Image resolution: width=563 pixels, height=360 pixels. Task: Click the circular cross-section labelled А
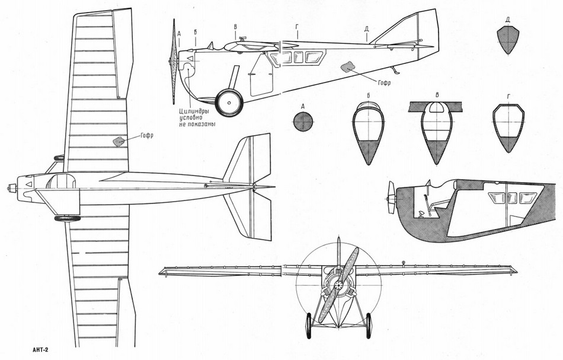(x=303, y=121)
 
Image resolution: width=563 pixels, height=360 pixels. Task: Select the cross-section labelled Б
(x=369, y=133)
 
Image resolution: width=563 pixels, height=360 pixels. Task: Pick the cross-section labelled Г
(x=508, y=128)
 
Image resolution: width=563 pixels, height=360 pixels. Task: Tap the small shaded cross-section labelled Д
(x=508, y=40)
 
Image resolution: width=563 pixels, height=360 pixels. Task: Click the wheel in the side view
(x=229, y=103)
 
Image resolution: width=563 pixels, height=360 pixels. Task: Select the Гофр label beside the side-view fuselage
(x=384, y=82)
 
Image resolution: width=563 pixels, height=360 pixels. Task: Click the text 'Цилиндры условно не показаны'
(x=197, y=117)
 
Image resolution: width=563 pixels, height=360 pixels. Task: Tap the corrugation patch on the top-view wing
(x=119, y=141)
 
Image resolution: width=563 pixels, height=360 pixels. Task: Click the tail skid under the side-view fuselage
(x=395, y=71)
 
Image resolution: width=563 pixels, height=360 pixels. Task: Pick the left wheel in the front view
(x=308, y=326)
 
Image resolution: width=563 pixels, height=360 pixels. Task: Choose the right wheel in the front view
(x=369, y=326)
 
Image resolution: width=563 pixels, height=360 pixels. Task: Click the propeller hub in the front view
(x=338, y=285)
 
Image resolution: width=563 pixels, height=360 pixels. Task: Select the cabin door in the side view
(x=261, y=75)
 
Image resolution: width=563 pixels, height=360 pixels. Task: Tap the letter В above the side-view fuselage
(x=235, y=27)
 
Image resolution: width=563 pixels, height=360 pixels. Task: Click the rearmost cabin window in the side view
(x=314, y=57)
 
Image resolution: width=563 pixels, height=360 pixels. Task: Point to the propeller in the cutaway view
(x=391, y=198)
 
